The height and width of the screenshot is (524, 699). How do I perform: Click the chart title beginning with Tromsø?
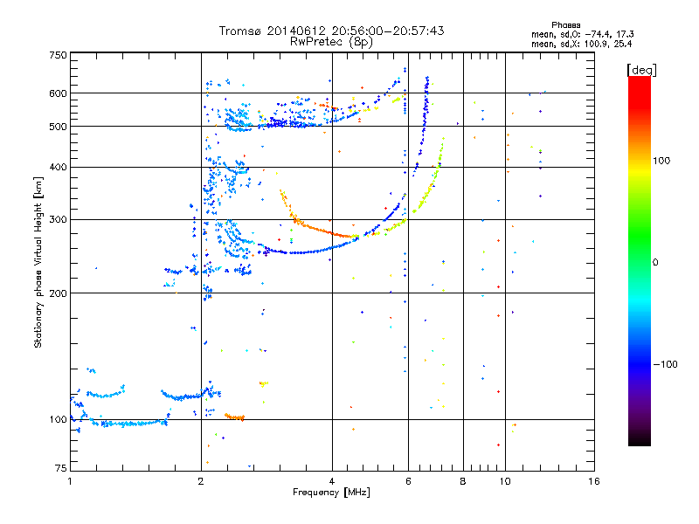331,31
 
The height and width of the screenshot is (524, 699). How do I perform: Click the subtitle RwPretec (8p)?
331,41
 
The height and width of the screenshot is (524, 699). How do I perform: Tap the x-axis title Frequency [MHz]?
331,493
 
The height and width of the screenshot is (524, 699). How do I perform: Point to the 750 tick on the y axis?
58,55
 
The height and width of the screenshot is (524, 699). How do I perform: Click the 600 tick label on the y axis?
58,93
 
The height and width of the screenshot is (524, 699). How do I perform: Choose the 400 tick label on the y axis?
58,167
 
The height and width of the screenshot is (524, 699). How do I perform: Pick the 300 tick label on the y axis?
58,219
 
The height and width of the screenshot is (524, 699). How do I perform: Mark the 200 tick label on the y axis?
58,293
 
